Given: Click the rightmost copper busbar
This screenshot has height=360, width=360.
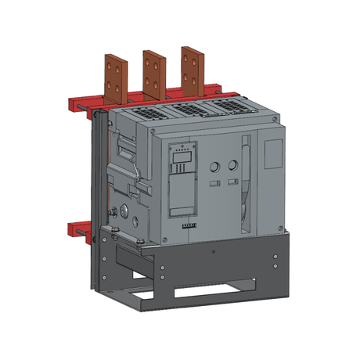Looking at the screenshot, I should click(x=190, y=67).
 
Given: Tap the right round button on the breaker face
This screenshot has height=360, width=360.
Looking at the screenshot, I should click(x=232, y=166).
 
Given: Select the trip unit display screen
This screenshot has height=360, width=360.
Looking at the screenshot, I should click(x=180, y=164).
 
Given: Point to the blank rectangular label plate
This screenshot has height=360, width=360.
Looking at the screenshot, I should click(x=272, y=153).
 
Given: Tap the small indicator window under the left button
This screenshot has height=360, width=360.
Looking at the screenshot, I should click(x=214, y=184).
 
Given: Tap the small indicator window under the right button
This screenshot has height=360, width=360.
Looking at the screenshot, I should click(x=232, y=183).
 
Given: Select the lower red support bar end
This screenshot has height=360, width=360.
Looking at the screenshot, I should click(x=78, y=229).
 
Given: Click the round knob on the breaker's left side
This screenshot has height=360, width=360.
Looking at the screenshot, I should click(x=122, y=211).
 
